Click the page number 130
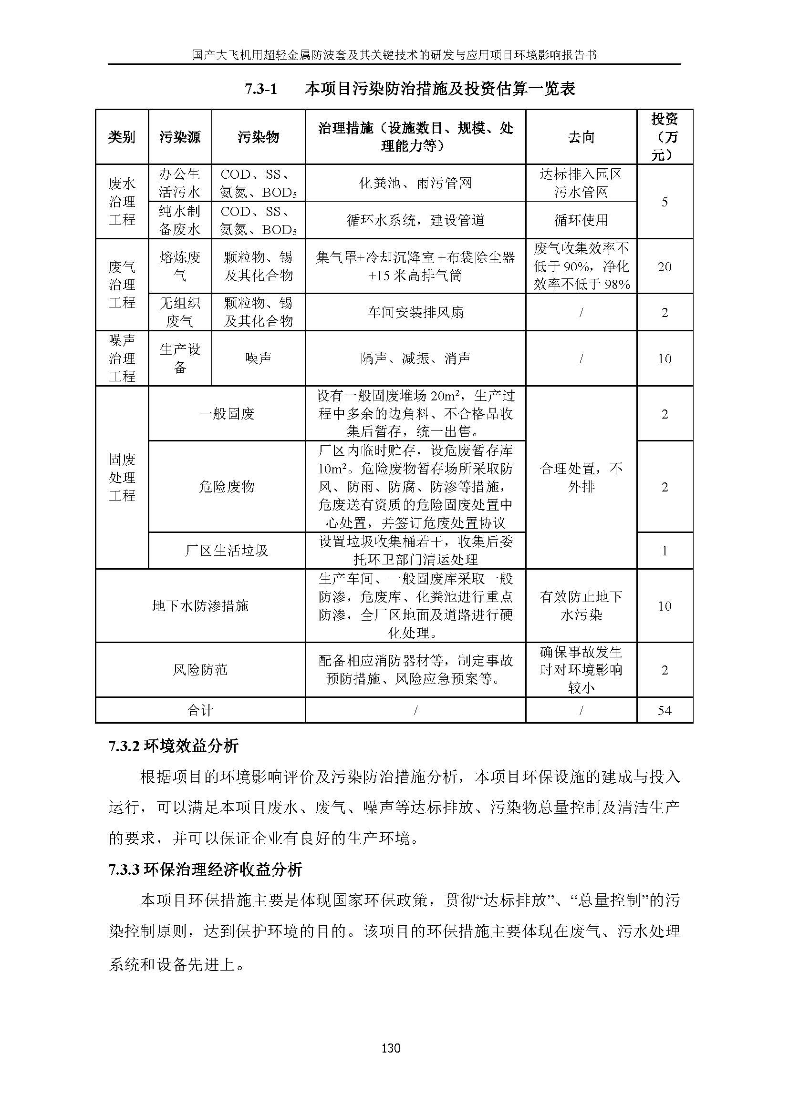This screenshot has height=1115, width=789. [391, 1047]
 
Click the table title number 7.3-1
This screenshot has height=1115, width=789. [260, 89]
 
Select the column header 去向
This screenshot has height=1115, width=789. [581, 137]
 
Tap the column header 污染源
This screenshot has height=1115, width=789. [180, 137]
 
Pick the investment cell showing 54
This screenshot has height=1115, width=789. [664, 710]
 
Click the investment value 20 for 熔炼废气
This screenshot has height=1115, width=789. [664, 266]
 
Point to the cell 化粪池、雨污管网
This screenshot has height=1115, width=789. [415, 183]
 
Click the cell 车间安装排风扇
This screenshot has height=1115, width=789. [415, 312]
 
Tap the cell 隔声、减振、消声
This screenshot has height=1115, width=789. [415, 358]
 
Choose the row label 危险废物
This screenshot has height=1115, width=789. [227, 487]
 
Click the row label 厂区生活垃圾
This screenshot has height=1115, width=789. [227, 551]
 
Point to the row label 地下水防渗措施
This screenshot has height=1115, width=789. [200, 605]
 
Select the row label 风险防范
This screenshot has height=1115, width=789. [200, 670]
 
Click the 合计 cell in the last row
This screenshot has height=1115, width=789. [200, 710]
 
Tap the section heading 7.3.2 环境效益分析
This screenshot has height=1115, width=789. [174, 746]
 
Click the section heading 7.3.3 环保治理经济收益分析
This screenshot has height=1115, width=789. [205, 869]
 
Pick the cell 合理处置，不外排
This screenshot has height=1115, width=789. [581, 477]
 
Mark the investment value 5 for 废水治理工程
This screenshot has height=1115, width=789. [664, 202]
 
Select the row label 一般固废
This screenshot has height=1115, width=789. [227, 414]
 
